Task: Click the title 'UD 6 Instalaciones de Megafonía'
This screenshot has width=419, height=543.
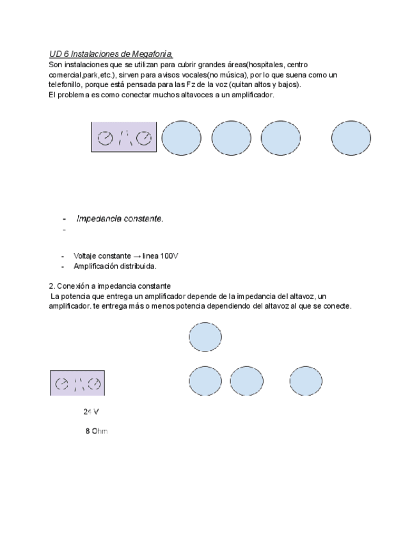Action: pos(111,54)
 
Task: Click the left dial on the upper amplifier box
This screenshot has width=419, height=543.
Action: pos(104,138)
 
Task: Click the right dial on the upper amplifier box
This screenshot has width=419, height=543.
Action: pos(146,138)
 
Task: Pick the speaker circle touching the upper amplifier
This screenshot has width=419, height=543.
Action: pos(181,138)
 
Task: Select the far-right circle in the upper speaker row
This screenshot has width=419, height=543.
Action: pos(351,138)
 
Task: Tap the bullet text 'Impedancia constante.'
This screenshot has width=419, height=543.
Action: pos(120,218)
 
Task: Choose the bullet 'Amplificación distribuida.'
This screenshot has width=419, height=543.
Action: pos(115,266)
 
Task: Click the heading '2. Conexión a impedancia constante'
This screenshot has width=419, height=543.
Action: pos(109,286)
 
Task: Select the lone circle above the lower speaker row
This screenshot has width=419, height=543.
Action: pos(205,337)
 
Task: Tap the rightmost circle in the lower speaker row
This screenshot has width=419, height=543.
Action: pos(306,381)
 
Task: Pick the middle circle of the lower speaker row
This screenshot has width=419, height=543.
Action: pos(246,381)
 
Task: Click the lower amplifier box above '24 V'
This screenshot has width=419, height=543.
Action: pos(77,383)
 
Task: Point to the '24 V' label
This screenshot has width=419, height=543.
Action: pos(91,412)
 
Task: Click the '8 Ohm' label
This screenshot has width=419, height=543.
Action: pos(96,431)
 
